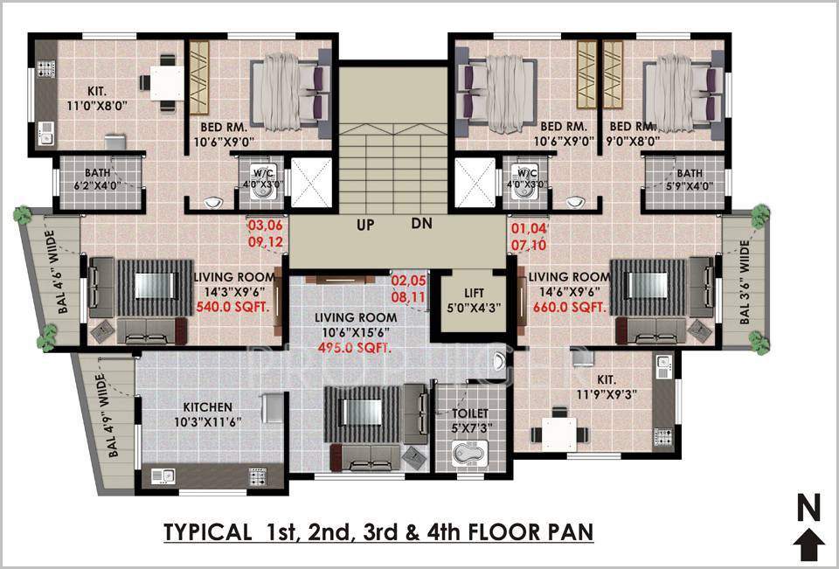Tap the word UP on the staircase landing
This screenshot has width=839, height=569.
click(365, 225)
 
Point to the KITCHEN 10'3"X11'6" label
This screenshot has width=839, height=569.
click(207, 414)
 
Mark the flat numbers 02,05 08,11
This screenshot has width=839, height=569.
click(409, 289)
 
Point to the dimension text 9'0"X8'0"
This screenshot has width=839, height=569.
click(634, 140)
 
